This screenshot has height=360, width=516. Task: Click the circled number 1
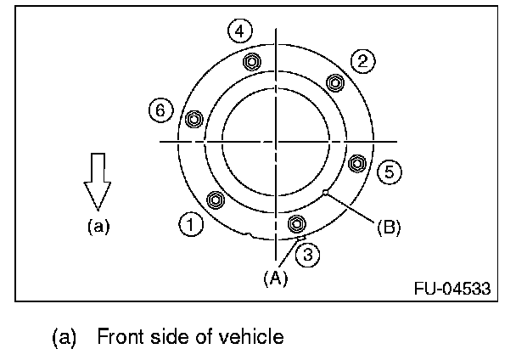tap(191, 225)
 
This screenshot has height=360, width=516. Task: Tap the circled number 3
tap(311, 253)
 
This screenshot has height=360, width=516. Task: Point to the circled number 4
tap(240, 31)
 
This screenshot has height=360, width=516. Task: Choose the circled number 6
tap(159, 109)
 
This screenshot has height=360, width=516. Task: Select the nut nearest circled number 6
tap(193, 119)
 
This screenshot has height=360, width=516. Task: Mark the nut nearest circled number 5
tap(356, 162)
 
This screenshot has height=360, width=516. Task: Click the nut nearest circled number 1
tap(216, 200)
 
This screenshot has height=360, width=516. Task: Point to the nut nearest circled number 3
tap(296, 223)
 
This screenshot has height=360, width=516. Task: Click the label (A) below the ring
tap(275, 278)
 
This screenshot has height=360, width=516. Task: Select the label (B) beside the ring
tap(388, 227)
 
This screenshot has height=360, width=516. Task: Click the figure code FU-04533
tap(452, 287)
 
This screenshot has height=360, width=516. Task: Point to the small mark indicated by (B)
tap(325, 194)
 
